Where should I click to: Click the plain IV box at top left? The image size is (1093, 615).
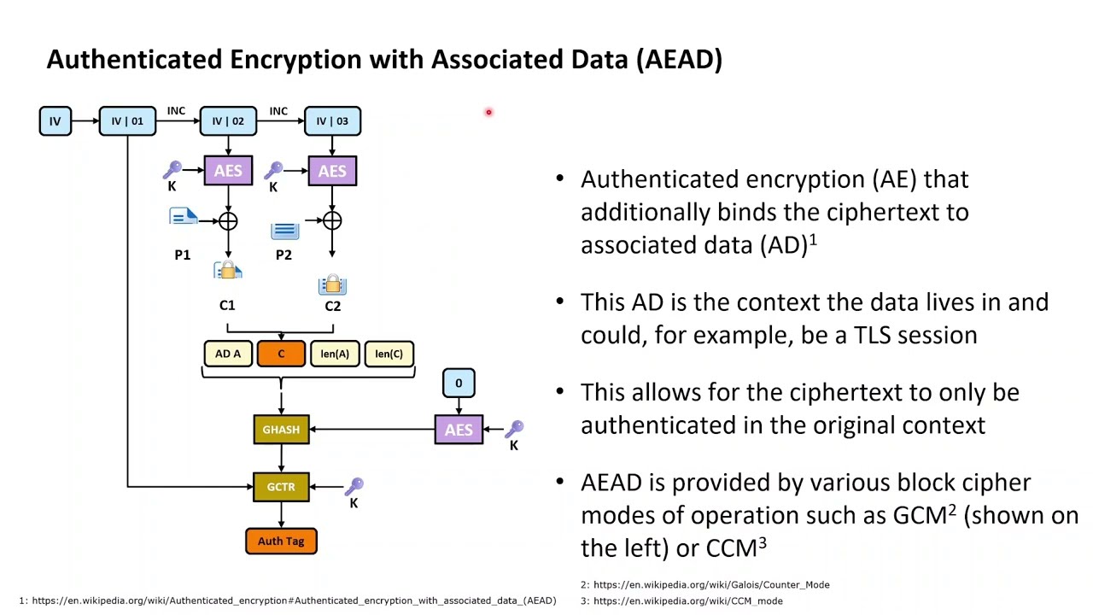(55, 121)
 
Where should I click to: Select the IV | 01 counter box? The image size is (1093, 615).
(127, 121)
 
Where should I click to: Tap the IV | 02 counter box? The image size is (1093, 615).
(228, 121)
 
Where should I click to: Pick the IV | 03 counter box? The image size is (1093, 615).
(332, 121)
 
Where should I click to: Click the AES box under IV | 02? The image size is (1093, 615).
(228, 171)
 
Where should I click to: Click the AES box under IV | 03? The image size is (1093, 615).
(332, 171)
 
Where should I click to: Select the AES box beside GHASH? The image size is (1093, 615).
(459, 430)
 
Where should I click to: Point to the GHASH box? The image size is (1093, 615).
(281, 430)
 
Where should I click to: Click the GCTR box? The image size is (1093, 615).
(281, 487)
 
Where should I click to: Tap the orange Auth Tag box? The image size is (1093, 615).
(281, 542)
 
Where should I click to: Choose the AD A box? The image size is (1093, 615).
(228, 354)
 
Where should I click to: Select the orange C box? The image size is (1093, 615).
(281, 354)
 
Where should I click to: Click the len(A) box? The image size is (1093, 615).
(335, 354)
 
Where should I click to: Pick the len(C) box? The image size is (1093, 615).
(389, 354)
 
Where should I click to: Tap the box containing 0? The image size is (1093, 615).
(459, 384)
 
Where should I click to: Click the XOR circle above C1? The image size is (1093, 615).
(228, 222)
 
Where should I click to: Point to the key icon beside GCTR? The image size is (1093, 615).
(354, 487)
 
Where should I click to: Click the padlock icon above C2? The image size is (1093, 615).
(332, 285)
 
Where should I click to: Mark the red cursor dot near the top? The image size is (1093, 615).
(488, 112)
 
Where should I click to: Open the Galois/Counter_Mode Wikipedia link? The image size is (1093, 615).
(711, 585)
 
